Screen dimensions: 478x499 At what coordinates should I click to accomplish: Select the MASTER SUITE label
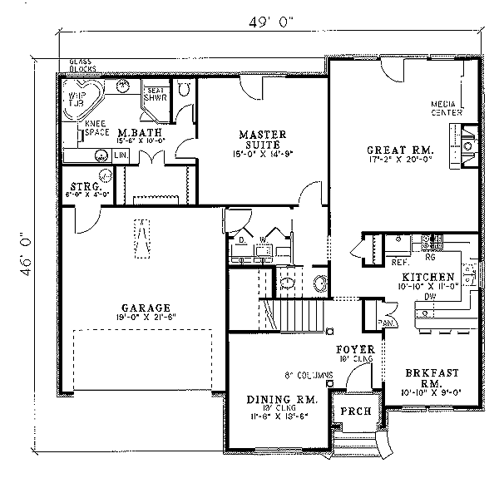click(263, 139)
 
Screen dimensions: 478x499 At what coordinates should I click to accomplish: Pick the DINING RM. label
click(272, 400)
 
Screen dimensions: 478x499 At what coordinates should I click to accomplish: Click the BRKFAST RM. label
click(428, 378)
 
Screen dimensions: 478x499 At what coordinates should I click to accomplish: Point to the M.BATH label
click(133, 133)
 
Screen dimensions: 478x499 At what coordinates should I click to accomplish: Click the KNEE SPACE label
click(98, 128)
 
